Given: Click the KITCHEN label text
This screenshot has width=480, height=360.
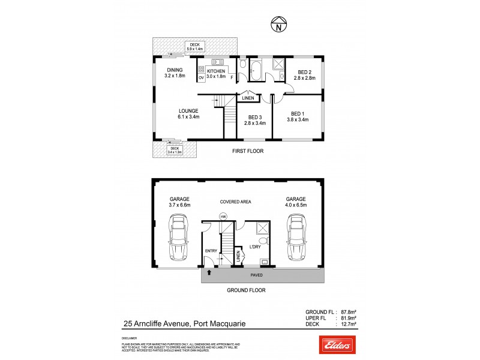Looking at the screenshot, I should tap(215, 71).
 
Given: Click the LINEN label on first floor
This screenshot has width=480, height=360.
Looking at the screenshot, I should tap(248, 98).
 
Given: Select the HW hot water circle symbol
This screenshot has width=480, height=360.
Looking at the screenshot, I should tap(223, 217).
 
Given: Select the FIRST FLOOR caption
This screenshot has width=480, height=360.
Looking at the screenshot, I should tap(248, 151).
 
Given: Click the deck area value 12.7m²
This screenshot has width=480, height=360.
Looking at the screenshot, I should tap(348, 325).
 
